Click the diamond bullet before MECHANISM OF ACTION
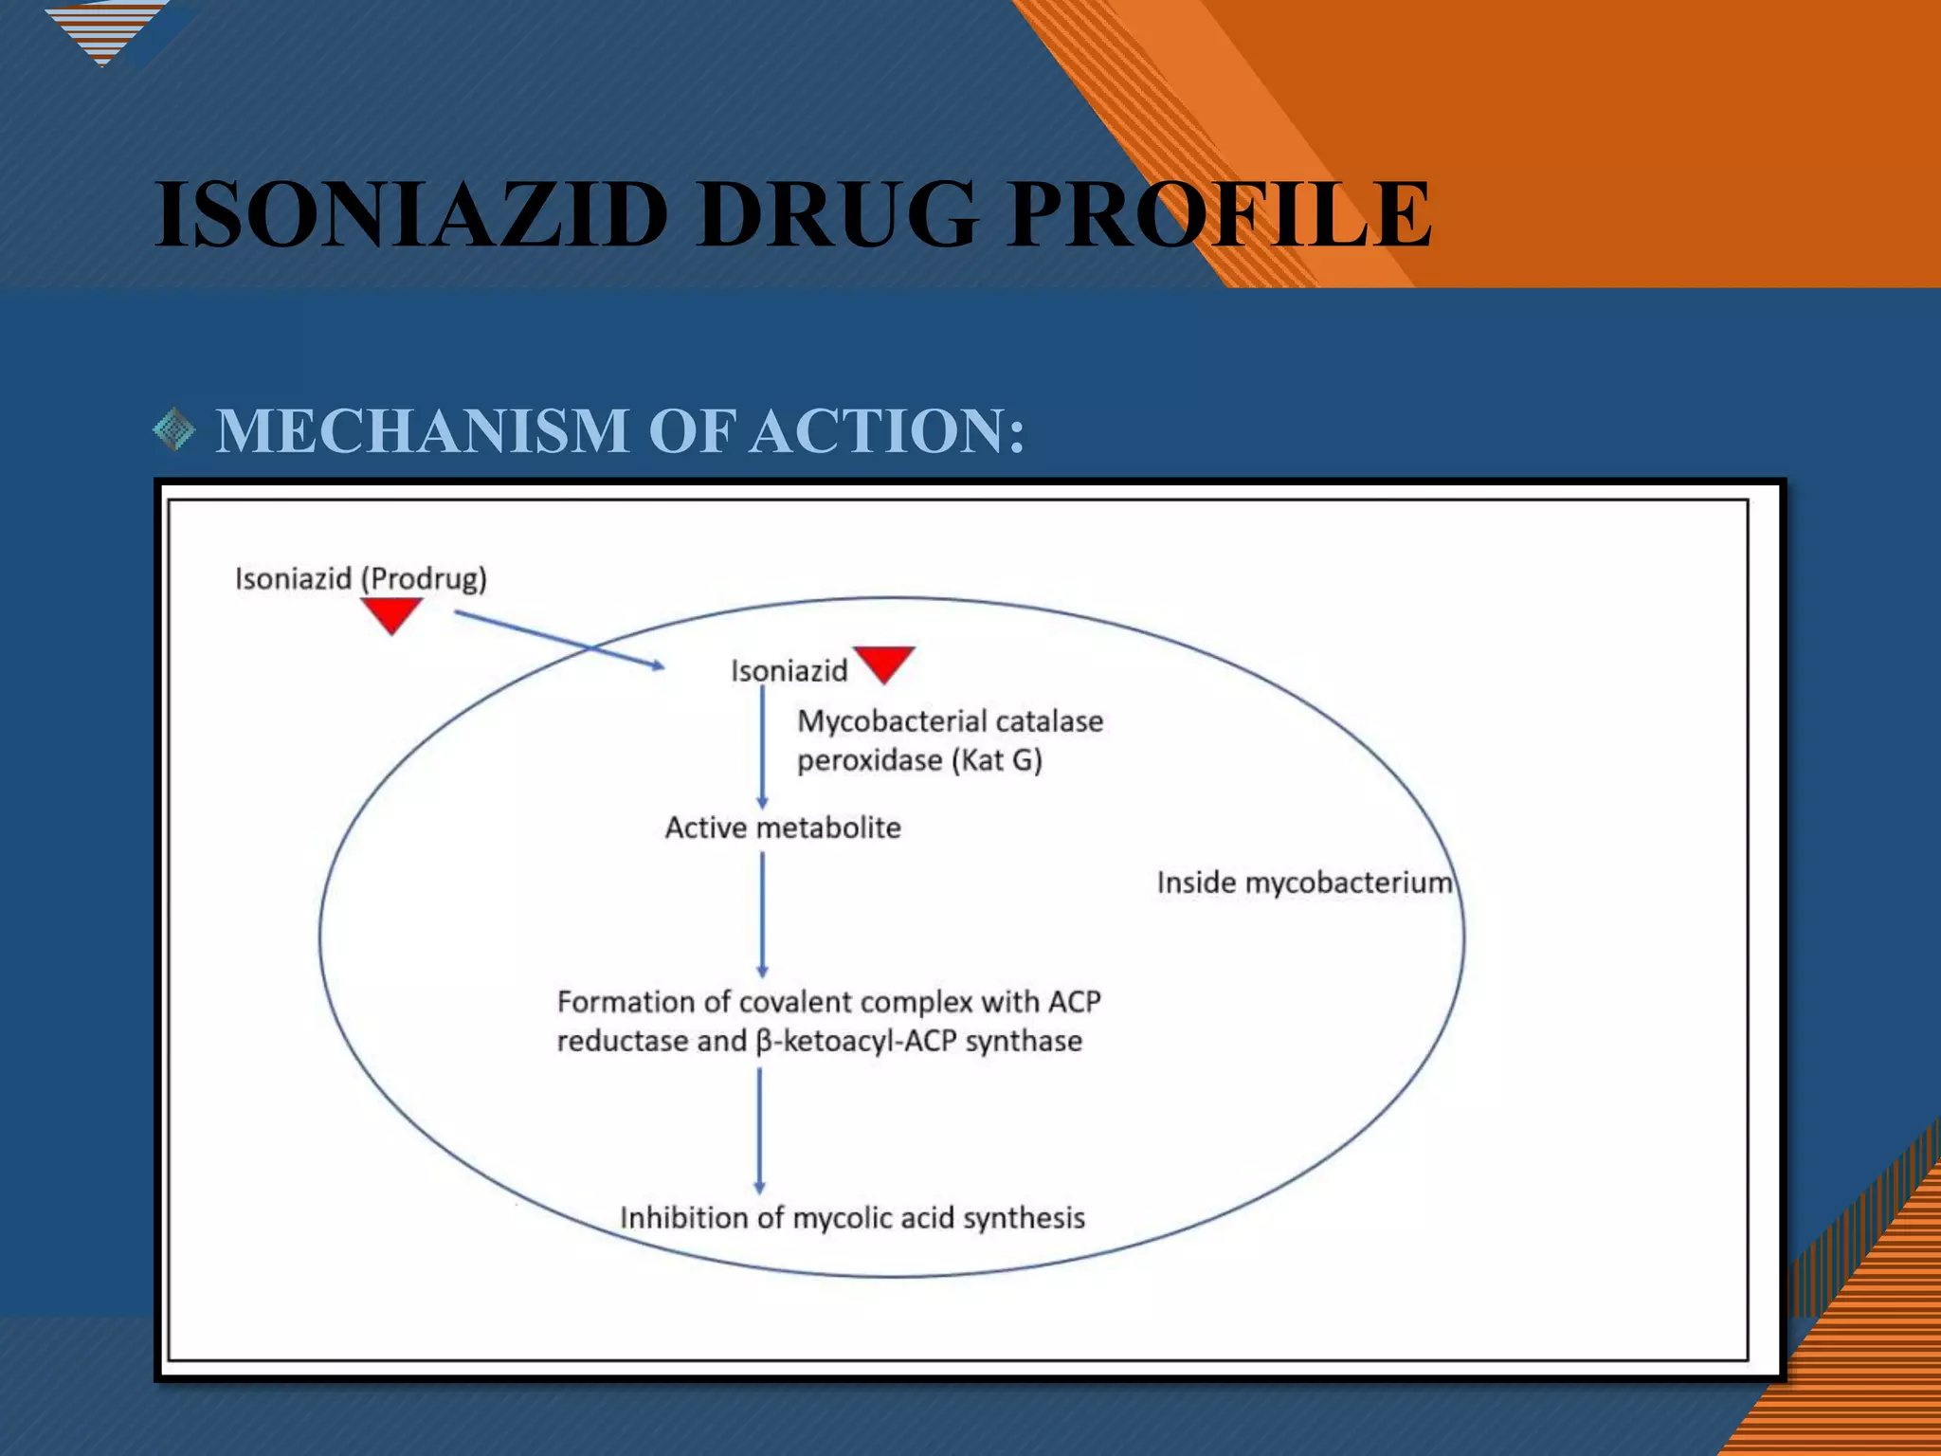tap(174, 430)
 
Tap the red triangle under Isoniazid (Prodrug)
tap(391, 613)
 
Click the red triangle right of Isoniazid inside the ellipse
tap(883, 662)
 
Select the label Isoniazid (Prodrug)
tap(360, 578)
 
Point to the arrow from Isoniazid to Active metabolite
tap(762, 747)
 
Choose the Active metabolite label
tap(783, 828)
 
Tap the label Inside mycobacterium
tap(1304, 883)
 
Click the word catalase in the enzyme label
tap(1049, 721)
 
